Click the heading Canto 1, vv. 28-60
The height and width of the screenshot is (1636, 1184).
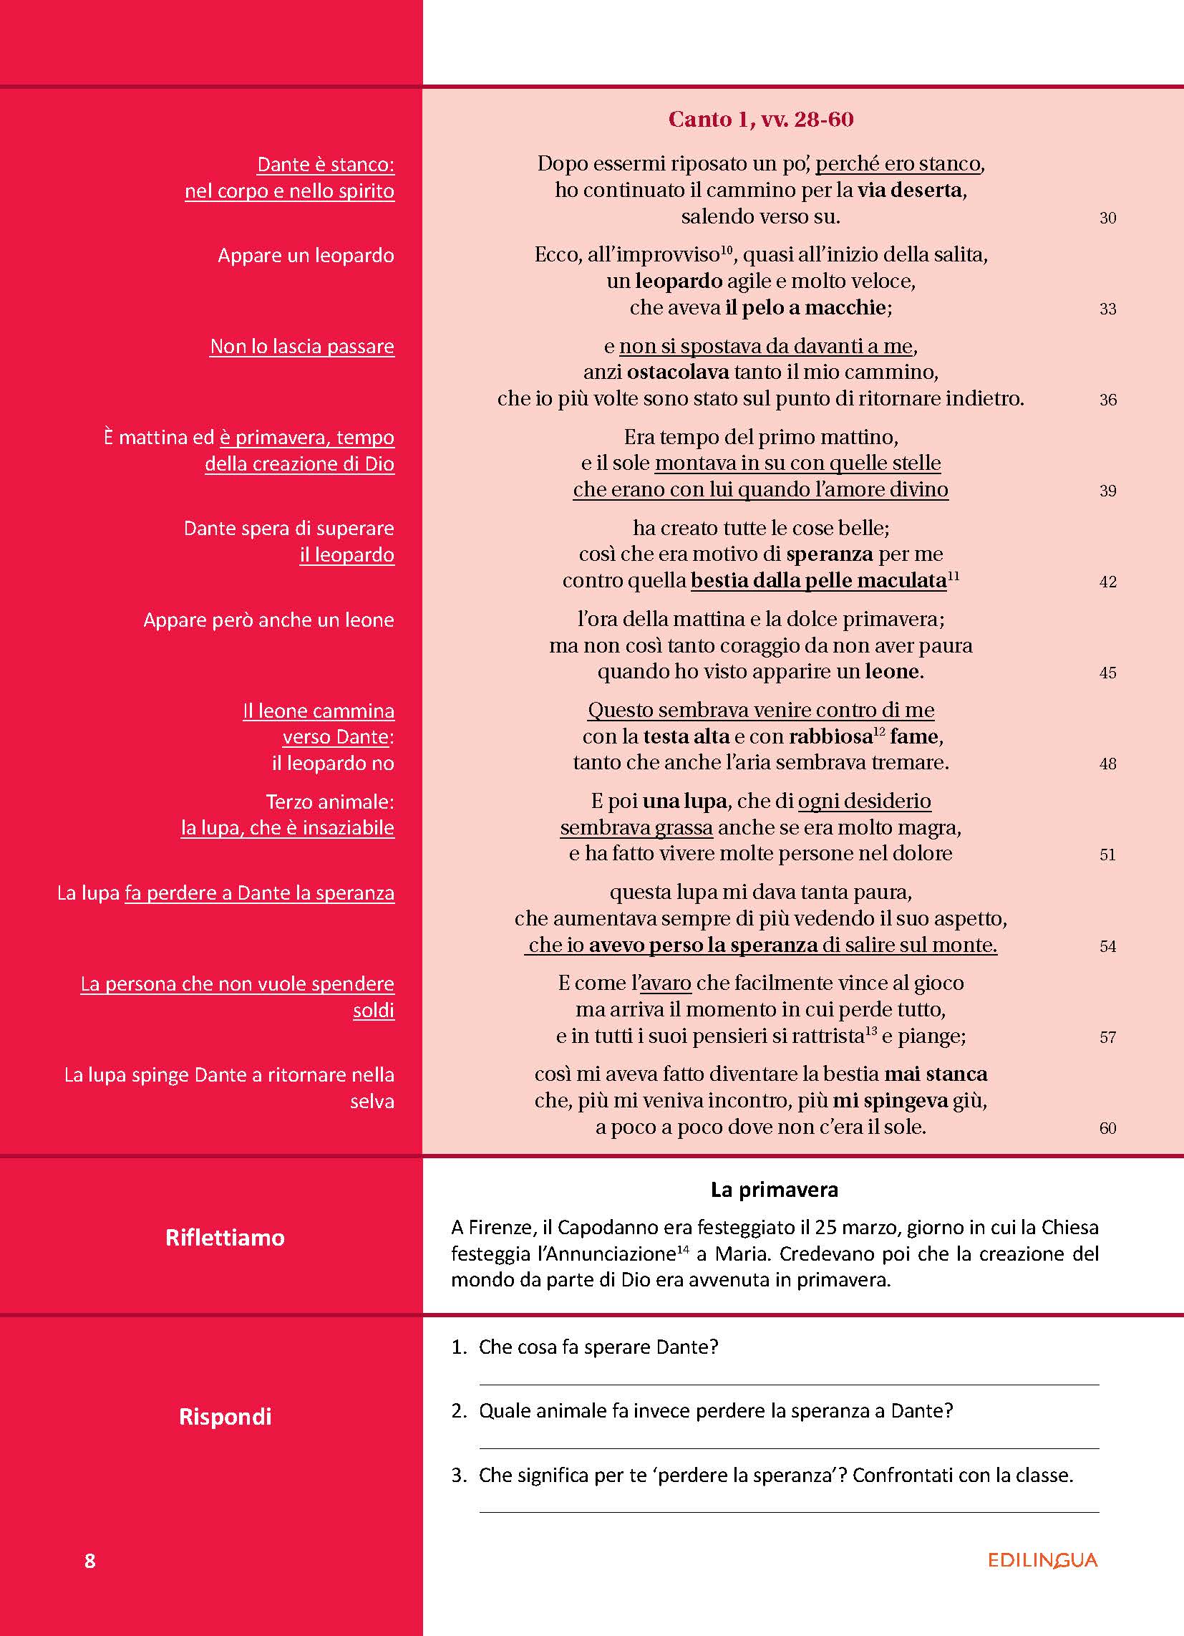pos(760,119)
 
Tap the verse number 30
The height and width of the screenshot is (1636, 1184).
pos(1107,218)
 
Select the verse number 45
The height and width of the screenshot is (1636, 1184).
pos(1107,673)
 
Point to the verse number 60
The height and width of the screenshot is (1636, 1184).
pos(1107,1128)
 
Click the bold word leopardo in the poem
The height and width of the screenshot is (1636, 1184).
pos(679,281)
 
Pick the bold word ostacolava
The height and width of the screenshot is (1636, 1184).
pos(668,372)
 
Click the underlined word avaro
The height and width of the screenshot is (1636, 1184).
pos(666,983)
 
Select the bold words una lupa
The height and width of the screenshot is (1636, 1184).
pos(684,801)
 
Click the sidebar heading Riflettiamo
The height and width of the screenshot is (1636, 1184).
pos(225,1238)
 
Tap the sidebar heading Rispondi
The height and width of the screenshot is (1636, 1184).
pos(225,1417)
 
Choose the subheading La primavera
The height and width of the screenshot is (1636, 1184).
pos(774,1190)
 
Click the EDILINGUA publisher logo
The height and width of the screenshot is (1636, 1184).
pos(1042,1560)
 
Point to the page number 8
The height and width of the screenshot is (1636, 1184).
pos(89,1561)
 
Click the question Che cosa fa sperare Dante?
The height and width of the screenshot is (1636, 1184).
pos(598,1347)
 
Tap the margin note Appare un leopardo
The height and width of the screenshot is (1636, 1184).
pos(306,255)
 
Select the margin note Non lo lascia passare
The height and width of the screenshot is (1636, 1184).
pos(302,346)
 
